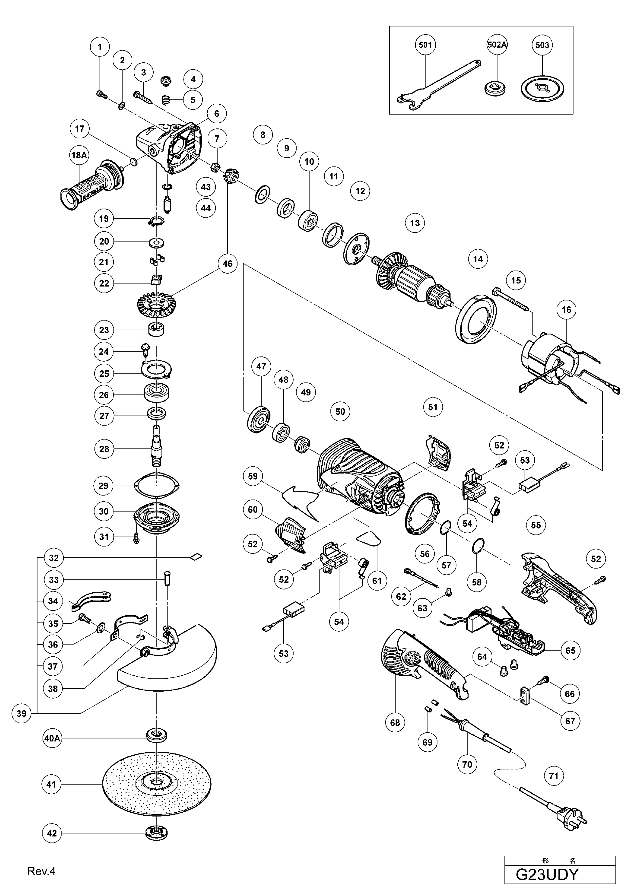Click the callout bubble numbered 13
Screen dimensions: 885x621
[415, 223]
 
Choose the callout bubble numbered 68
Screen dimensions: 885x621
[395, 722]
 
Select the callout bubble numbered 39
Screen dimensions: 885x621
[22, 713]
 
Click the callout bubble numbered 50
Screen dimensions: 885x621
[340, 412]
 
